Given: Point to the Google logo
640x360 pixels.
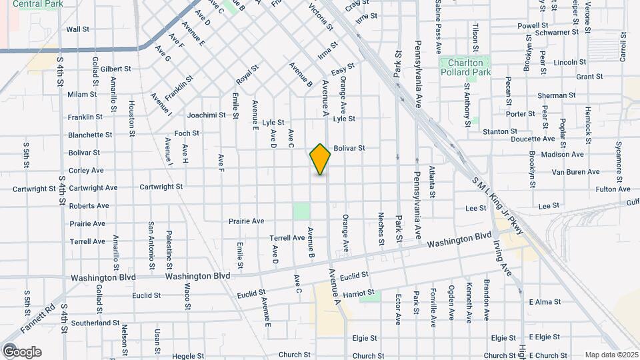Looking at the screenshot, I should (22, 351).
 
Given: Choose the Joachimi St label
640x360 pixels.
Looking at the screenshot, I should (207, 115).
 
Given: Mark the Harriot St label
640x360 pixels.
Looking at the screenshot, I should (360, 293).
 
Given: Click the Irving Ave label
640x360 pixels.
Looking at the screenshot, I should (505, 262).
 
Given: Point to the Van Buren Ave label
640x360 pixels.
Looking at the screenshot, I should (576, 172).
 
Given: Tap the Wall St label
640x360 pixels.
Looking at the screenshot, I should (78, 29).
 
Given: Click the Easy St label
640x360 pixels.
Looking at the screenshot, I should (342, 68).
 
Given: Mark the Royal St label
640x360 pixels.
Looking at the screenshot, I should (247, 75).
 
